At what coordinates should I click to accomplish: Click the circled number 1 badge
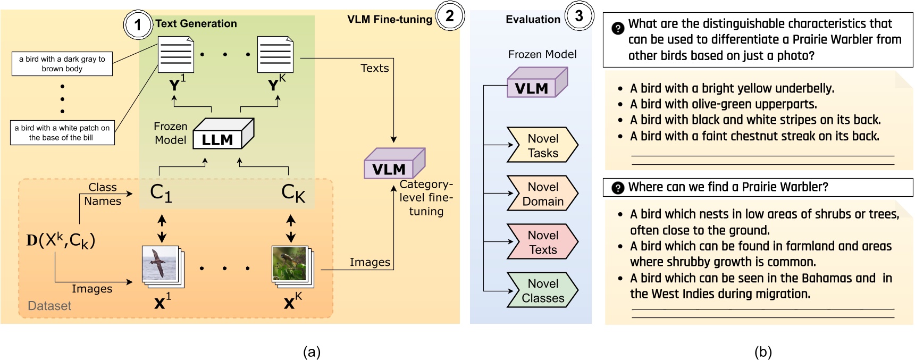(x=138, y=24)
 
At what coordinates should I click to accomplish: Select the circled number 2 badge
(x=450, y=16)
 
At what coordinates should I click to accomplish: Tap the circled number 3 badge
(x=579, y=16)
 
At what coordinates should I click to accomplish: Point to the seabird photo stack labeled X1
(x=162, y=266)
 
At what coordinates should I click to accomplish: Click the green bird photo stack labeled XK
(x=292, y=266)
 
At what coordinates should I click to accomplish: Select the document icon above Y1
(x=175, y=55)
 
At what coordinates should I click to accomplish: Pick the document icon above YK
(x=275, y=55)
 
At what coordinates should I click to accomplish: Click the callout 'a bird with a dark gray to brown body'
(x=62, y=64)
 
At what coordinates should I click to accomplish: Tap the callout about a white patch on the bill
(x=62, y=132)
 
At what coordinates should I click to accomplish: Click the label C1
(x=161, y=192)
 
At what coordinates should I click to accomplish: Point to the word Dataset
(x=49, y=306)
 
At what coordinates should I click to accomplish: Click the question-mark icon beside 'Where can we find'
(x=618, y=188)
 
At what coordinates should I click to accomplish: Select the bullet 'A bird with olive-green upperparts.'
(x=723, y=104)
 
